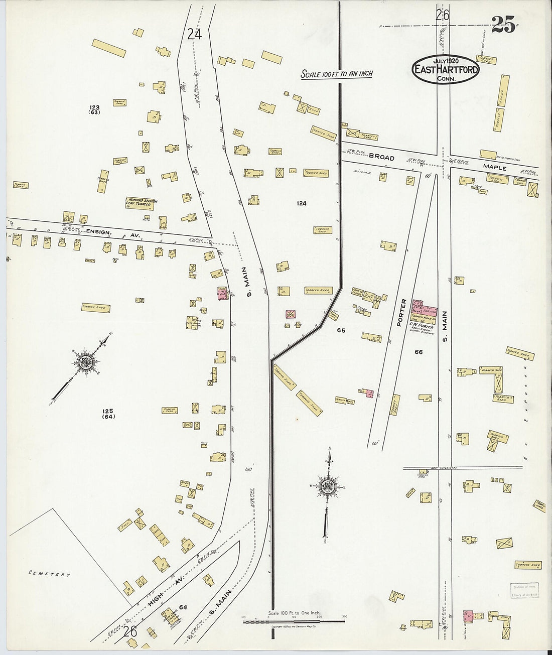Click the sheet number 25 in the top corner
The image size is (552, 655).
(x=503, y=25)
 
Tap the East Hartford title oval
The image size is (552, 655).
(x=445, y=69)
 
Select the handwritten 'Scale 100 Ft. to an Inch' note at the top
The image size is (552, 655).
(x=337, y=74)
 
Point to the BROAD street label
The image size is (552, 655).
(x=381, y=157)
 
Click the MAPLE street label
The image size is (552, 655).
(x=495, y=167)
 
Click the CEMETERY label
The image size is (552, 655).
(x=49, y=574)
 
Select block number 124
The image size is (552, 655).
(x=301, y=203)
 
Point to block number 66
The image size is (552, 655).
(x=419, y=352)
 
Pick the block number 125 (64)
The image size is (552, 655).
(x=108, y=414)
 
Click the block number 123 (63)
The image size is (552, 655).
(x=94, y=110)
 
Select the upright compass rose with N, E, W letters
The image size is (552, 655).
(x=328, y=487)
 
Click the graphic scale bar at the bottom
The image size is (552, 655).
(x=294, y=621)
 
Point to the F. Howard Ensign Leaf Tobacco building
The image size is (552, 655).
(x=141, y=203)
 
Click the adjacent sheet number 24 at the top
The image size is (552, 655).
(x=194, y=34)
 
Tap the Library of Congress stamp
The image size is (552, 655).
(x=525, y=591)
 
